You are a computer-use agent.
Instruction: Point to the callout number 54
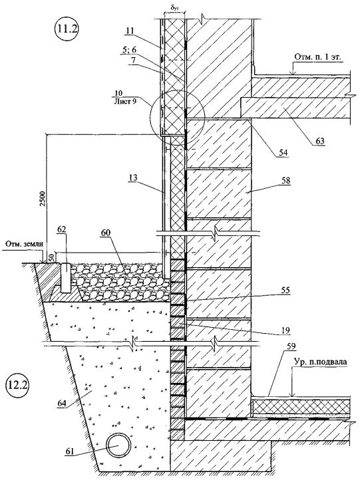pos(283,153)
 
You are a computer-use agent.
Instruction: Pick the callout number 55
pos(285,291)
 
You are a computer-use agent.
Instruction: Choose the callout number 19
pos(285,330)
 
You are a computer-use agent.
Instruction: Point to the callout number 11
pos(130,30)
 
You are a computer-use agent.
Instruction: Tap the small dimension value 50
pos(52,256)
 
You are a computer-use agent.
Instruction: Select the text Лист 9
pos(124,102)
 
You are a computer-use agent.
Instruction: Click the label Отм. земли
pos(23,244)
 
